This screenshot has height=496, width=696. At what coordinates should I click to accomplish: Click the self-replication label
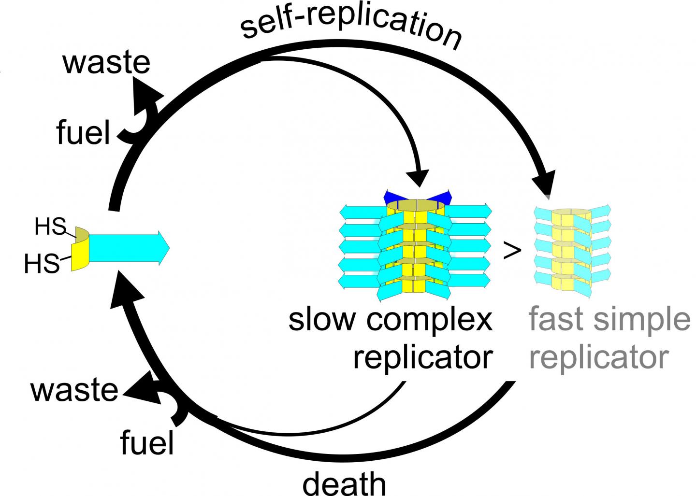[351, 27]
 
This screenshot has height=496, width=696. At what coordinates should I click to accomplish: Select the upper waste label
[106, 63]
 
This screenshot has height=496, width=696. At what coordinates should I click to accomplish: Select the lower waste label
[74, 390]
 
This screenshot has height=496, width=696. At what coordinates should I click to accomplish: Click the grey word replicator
[598, 357]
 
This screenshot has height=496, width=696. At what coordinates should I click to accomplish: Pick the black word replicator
[422, 357]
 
